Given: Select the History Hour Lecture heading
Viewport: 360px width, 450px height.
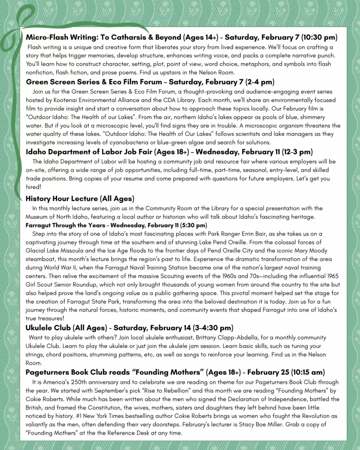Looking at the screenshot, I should tap(80, 198).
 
